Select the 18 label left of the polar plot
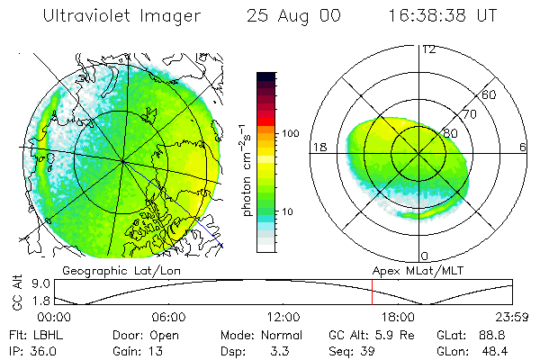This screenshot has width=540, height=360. point(318,148)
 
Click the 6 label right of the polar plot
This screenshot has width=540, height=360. point(524,148)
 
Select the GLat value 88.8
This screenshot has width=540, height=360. point(499,334)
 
